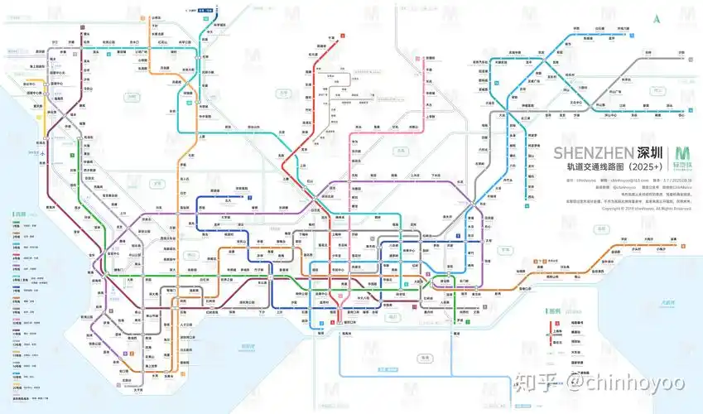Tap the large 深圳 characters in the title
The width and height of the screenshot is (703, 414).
click(x=650, y=153)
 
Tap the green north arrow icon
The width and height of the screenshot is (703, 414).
click(x=657, y=18)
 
